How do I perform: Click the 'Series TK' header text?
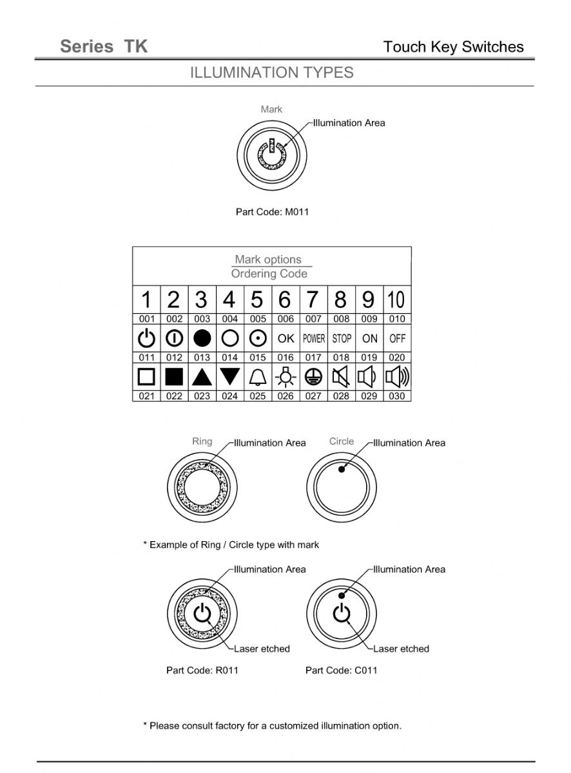click(x=104, y=46)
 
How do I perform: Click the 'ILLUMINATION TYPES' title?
click(x=271, y=73)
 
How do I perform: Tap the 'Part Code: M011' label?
click(x=272, y=212)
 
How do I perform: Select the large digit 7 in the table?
click(x=313, y=300)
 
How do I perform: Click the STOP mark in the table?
click(x=342, y=338)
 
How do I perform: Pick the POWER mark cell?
click(x=314, y=338)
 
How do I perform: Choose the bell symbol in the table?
click(x=258, y=377)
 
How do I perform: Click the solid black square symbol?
click(x=174, y=377)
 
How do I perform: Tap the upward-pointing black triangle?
click(x=202, y=377)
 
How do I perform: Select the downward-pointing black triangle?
click(x=230, y=377)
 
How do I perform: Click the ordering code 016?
click(x=285, y=358)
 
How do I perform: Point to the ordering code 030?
click(x=397, y=396)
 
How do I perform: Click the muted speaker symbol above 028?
click(x=341, y=377)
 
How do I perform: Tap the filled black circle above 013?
click(x=202, y=338)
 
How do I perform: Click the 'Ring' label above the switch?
click(x=202, y=441)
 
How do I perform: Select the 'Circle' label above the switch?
click(x=342, y=441)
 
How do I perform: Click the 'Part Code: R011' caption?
click(x=202, y=670)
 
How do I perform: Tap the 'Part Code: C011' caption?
click(x=342, y=670)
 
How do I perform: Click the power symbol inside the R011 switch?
click(x=202, y=613)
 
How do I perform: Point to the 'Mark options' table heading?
click(x=268, y=260)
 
